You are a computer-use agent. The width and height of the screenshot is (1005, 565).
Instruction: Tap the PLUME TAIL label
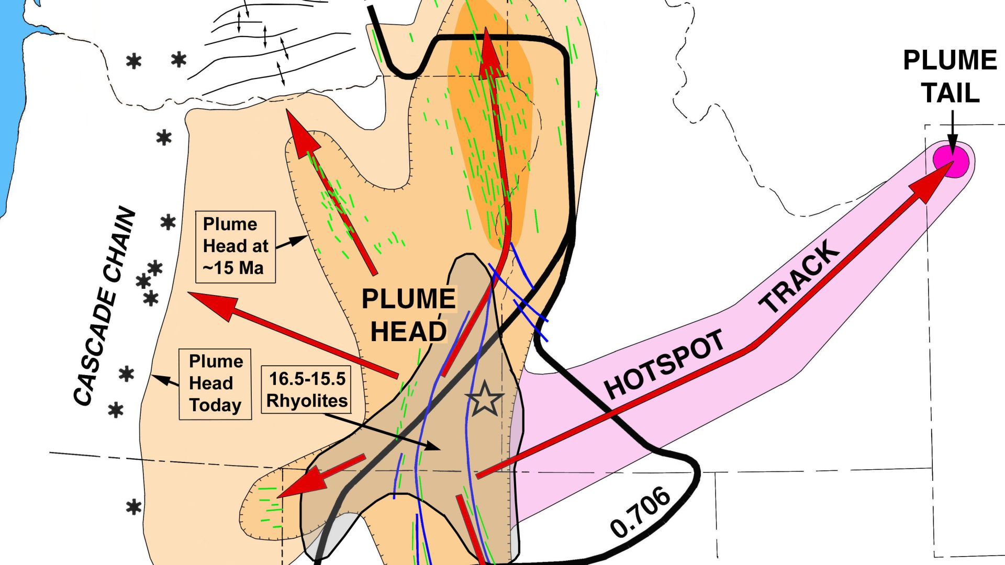tap(950, 76)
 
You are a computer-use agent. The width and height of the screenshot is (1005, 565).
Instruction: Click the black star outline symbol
tap(485, 399)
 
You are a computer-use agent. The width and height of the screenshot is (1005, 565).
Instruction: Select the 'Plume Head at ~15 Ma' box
tap(236, 246)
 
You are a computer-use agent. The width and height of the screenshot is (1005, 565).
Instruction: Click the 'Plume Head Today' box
tap(215, 383)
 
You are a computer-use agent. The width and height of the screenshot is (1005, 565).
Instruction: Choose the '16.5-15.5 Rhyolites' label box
tap(307, 389)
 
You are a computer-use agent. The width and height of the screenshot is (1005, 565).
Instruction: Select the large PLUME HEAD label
tap(409, 315)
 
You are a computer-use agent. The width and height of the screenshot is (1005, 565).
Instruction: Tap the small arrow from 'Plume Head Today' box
tap(165, 380)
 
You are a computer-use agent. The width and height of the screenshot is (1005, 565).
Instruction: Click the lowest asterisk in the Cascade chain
tap(134, 507)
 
